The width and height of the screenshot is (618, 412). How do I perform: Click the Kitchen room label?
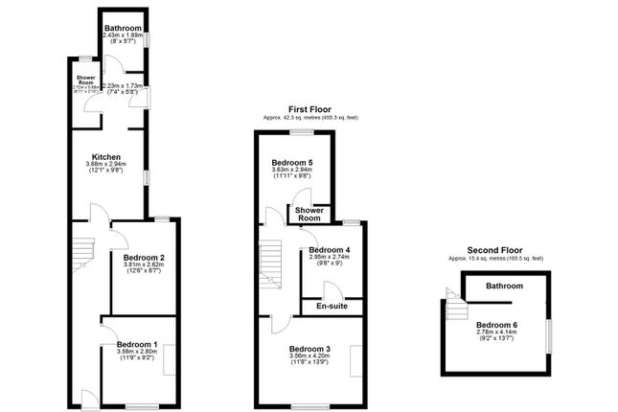coord(105,156)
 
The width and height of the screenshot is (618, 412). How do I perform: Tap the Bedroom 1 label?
coord(136,344)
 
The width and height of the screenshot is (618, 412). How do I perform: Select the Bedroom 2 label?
coord(144,258)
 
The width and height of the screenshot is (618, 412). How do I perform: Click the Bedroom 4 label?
coord(330,250)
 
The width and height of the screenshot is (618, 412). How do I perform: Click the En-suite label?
coord(329,307)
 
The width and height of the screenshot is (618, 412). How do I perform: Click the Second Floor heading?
coord(496,250)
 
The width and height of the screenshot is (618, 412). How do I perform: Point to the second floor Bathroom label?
coord(503,286)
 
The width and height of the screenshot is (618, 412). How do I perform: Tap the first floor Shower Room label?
coord(308,214)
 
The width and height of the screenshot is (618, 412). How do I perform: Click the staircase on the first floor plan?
coord(272,262)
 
